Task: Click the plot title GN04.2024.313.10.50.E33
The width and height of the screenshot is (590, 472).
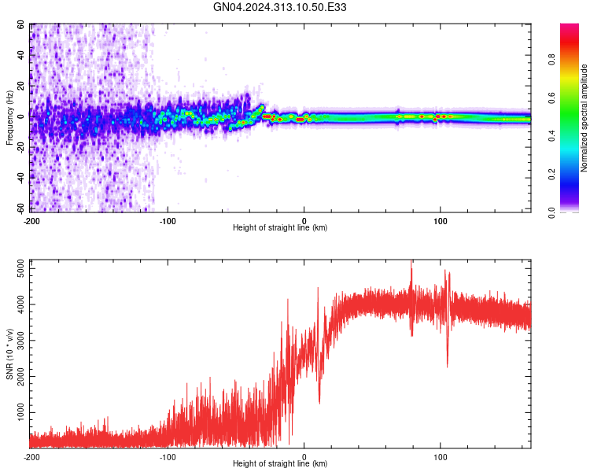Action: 280,7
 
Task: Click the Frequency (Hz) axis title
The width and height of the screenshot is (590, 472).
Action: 9,118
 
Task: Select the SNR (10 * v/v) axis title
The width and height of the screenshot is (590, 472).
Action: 9,353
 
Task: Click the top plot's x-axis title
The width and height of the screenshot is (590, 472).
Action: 280,227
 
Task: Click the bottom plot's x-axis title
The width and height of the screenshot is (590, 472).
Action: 280,463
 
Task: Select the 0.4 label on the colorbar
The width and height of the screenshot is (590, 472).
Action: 551,137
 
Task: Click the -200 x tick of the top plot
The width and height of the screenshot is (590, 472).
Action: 31,220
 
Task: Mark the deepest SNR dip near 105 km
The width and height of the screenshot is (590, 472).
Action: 448,366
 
